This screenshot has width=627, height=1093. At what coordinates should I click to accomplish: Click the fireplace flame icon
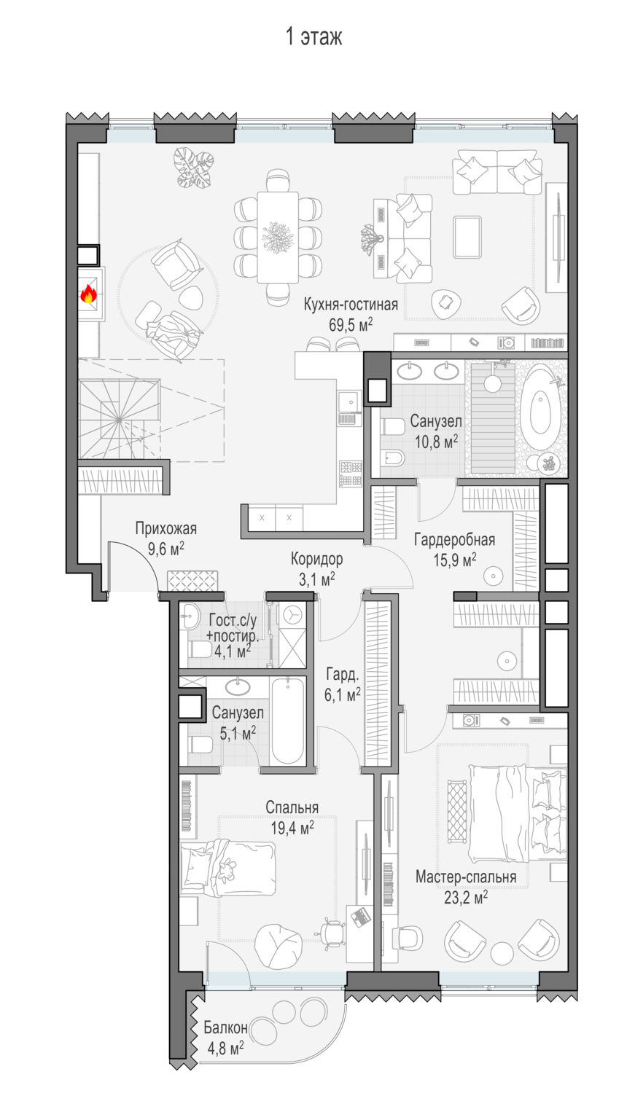point(88,294)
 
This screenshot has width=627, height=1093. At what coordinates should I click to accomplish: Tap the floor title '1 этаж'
point(313,37)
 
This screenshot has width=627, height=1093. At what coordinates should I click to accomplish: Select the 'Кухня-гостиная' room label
point(351,305)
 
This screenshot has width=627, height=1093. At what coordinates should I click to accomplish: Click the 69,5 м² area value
point(351,324)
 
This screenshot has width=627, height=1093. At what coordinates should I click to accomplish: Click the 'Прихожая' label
point(166,528)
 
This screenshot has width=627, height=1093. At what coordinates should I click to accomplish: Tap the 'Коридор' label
point(317,559)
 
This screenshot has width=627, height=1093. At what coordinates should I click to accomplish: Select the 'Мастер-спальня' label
point(466,877)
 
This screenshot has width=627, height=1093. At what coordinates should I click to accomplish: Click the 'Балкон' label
point(225,1027)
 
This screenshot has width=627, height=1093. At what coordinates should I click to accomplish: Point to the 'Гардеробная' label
point(455,540)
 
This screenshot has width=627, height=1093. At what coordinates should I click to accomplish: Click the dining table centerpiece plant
point(278,237)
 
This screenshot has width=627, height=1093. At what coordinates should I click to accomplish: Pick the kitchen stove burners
point(351,474)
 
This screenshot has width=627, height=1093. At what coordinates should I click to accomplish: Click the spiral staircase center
point(119,419)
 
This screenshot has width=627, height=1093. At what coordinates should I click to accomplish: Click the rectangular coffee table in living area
point(467,237)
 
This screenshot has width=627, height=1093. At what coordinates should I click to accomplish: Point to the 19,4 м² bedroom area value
point(292,828)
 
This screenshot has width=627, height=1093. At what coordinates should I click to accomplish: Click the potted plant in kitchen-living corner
point(194,168)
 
